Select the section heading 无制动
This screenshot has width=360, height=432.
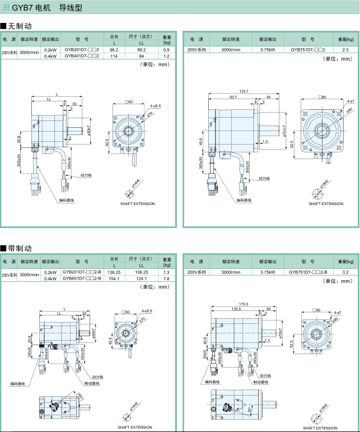(20, 26)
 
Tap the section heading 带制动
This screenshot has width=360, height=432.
(20, 248)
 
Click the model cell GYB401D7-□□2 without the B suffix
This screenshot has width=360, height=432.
(82, 57)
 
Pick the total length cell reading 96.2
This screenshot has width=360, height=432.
(114, 50)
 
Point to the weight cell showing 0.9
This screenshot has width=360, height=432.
(166, 50)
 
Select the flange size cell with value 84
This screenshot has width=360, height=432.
(142, 57)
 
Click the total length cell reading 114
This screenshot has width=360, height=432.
(114, 57)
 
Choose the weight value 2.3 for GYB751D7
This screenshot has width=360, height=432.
(345, 50)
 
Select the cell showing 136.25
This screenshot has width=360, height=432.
(114, 272)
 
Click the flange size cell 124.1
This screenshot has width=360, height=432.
(142, 278)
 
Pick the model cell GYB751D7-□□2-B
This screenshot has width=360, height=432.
(308, 272)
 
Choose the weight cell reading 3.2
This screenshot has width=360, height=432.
(345, 272)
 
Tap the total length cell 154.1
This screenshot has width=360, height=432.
(114, 278)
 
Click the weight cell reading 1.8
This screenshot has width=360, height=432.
(166, 278)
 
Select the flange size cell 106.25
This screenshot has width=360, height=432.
(142, 272)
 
